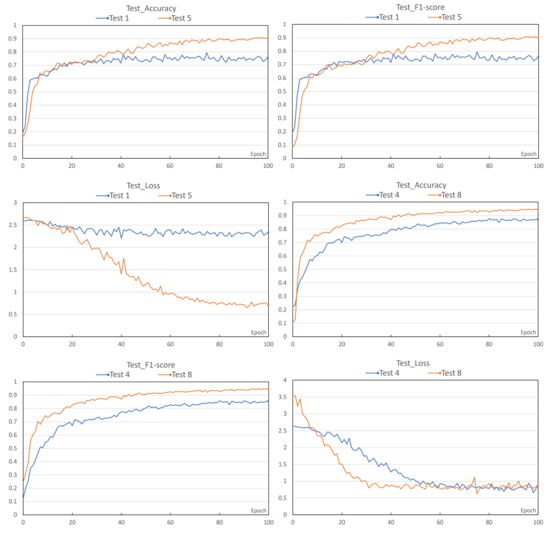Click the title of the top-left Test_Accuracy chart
point(151,9)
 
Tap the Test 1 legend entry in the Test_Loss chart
point(120,195)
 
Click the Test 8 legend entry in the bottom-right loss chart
point(451,373)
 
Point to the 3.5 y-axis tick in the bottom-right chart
point(283,397)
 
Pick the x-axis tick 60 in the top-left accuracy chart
point(170,166)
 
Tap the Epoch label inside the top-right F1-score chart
point(528,154)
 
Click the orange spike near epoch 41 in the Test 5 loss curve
point(124,259)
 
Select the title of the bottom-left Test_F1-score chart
point(151,365)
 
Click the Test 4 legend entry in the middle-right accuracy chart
point(389,195)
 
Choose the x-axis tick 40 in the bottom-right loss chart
point(391,522)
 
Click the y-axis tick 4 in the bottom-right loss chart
point(285,380)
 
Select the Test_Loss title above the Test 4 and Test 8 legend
point(413,363)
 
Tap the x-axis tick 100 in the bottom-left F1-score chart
point(268,522)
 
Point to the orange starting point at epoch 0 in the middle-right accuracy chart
point(293,323)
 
